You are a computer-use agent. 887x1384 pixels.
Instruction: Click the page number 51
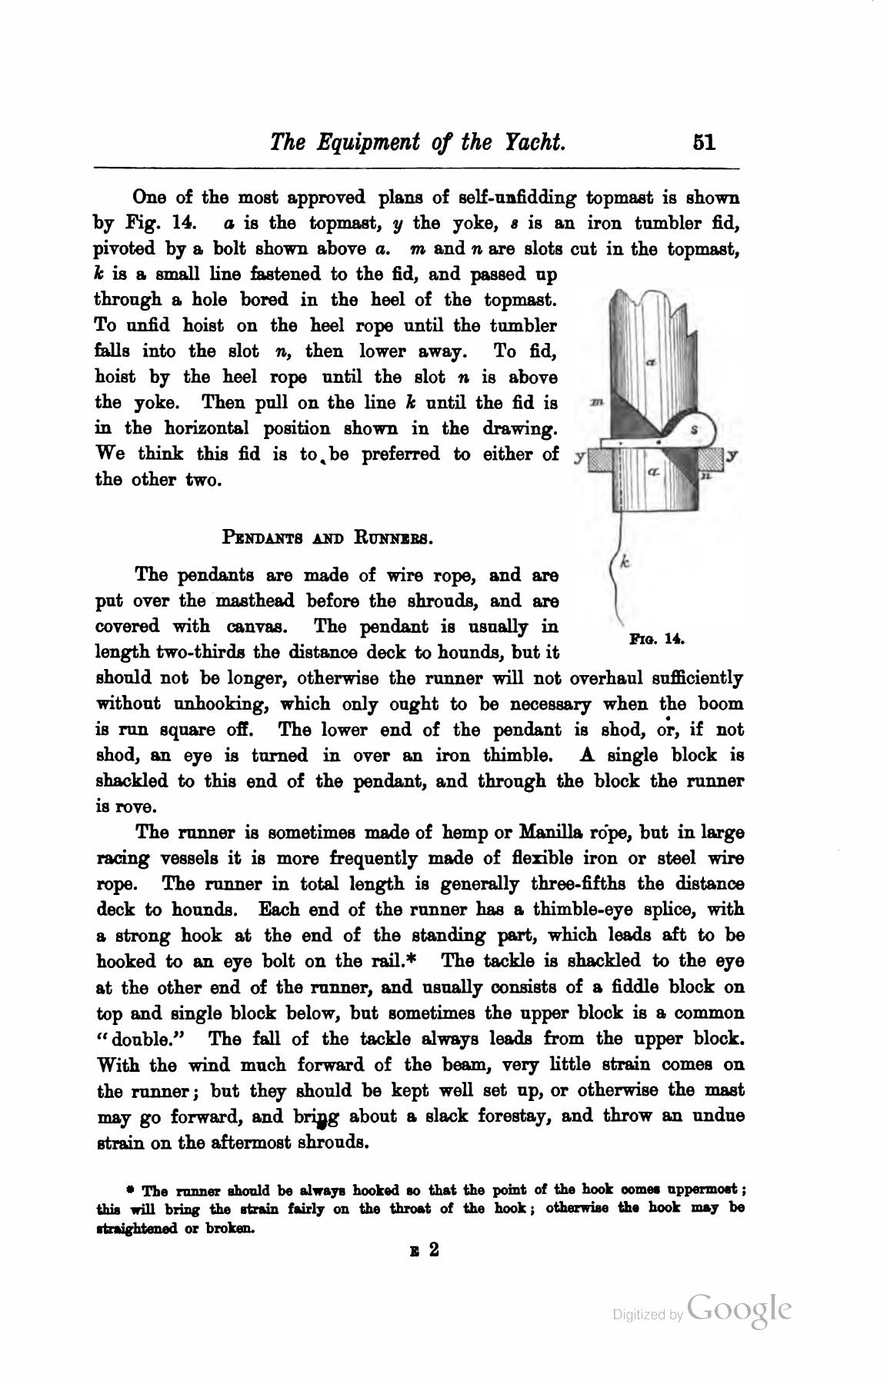[704, 142]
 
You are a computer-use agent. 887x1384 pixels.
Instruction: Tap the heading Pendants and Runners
[328, 537]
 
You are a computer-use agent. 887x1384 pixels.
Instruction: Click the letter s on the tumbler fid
[695, 431]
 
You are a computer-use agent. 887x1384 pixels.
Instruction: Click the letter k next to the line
[625, 563]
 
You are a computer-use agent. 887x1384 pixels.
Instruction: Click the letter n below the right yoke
[705, 476]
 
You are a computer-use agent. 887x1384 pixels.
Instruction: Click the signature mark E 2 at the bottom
[425, 1250]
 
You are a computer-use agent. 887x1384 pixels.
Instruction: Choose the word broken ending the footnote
[232, 1229]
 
